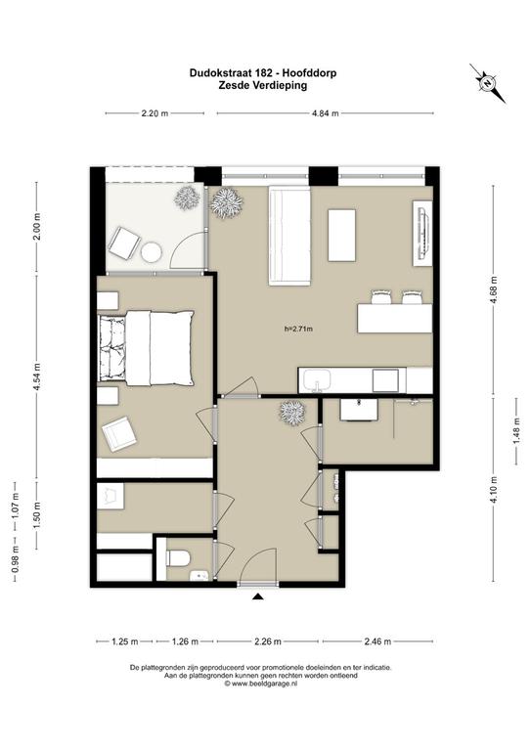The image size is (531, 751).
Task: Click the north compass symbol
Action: pyautogui.click(x=487, y=83)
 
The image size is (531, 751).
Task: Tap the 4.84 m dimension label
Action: pyautogui.click(x=325, y=113)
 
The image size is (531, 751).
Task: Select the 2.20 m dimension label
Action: pyautogui.click(x=155, y=113)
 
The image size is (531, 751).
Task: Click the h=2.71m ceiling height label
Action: pyautogui.click(x=298, y=329)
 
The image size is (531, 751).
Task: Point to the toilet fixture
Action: pyautogui.click(x=179, y=558)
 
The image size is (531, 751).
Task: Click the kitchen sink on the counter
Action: pyautogui.click(x=317, y=380)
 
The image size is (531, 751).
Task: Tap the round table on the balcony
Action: pyautogui.click(x=152, y=252)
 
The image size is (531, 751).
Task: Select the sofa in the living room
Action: pyautogui.click(x=289, y=236)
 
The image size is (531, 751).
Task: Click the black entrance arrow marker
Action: pyautogui.click(x=258, y=596)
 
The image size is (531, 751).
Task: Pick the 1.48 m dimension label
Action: pyautogui.click(x=516, y=431)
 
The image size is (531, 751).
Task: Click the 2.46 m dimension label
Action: pyautogui.click(x=377, y=641)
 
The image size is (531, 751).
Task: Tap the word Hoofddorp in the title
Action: pyautogui.click(x=309, y=73)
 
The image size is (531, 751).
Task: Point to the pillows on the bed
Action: pyautogui.click(x=112, y=348)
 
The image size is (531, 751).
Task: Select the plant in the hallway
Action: pyautogui.click(x=292, y=413)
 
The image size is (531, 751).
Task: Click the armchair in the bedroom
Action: pyautogui.click(x=118, y=434)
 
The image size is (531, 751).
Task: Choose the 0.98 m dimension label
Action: pyautogui.click(x=15, y=563)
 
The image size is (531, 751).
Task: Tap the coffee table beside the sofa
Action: pyautogui.click(x=342, y=235)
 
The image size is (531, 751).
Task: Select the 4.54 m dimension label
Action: pyautogui.click(x=37, y=376)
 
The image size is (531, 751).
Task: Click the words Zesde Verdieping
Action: pyautogui.click(x=263, y=86)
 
